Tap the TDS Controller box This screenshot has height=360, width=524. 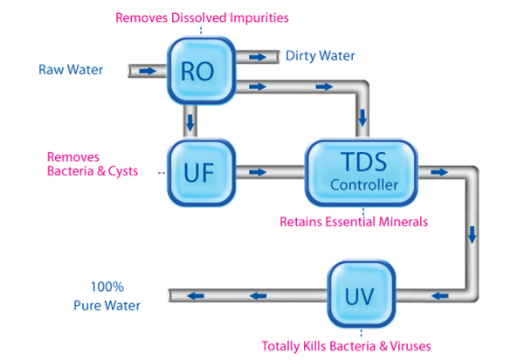tap(364, 171)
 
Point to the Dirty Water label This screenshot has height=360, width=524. tap(321, 56)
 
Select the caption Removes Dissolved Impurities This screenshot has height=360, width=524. tap(202, 17)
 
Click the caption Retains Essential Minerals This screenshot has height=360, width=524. tap(354, 222)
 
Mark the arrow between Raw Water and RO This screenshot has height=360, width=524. tap(148, 70)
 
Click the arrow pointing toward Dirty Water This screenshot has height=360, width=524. tap(258, 56)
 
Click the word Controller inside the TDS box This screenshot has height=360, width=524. tap(364, 185)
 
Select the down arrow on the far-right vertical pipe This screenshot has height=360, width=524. tap(472, 234)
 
